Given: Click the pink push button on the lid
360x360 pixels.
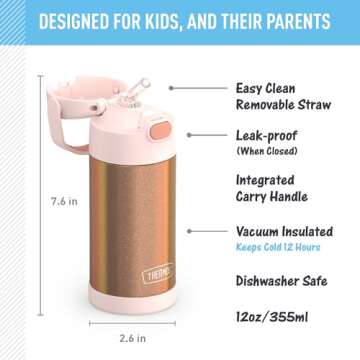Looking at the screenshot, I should (x=157, y=132).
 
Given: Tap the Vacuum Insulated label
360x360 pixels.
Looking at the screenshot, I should (x=285, y=231).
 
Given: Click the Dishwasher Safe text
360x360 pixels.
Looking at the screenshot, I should (x=282, y=281).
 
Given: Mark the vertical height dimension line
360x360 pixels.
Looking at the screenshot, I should (x=40, y=200).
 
